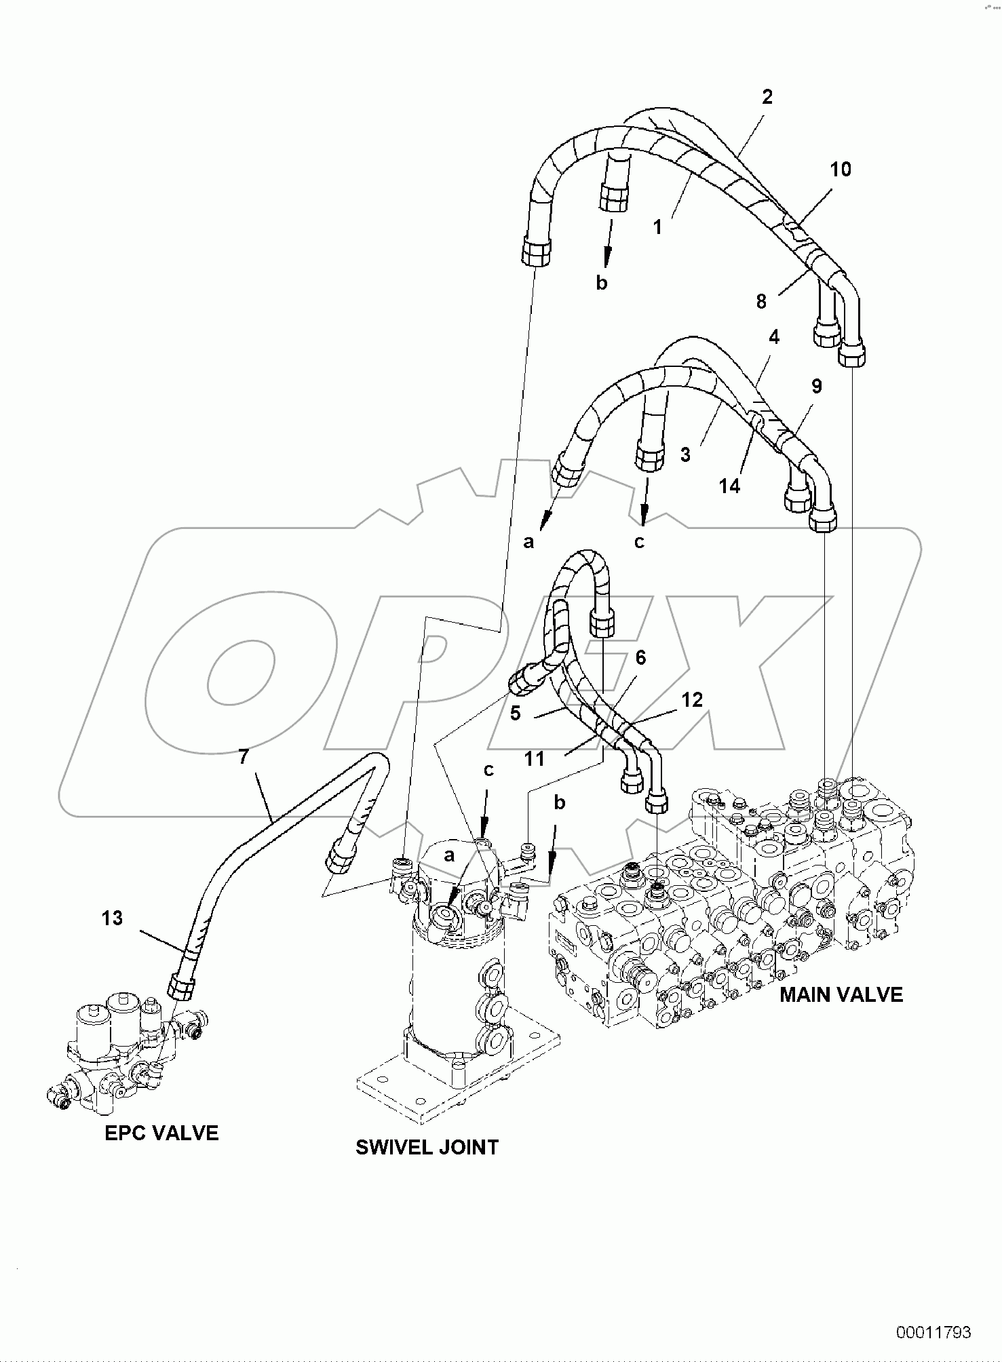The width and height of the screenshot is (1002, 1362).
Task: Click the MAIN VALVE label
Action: (x=841, y=994)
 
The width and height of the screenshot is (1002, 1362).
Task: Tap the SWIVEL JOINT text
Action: (x=427, y=1147)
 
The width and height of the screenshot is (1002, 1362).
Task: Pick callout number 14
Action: (x=729, y=486)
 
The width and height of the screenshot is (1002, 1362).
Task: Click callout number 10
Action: (x=841, y=170)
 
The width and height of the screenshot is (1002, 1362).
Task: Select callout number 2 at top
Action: (x=767, y=97)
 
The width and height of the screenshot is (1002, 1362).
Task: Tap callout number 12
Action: (x=691, y=699)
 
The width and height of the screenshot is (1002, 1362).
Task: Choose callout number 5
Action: (x=515, y=713)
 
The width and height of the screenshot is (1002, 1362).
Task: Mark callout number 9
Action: (x=816, y=386)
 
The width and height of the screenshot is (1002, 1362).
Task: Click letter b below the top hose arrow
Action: (x=601, y=283)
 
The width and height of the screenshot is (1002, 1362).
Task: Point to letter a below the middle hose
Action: (x=529, y=541)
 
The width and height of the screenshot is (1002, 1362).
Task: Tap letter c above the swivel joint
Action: (x=488, y=771)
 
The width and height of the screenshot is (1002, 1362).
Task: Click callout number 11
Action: (x=535, y=758)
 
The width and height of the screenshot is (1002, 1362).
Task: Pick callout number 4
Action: (x=773, y=336)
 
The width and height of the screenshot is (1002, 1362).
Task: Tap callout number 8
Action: (x=761, y=301)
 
